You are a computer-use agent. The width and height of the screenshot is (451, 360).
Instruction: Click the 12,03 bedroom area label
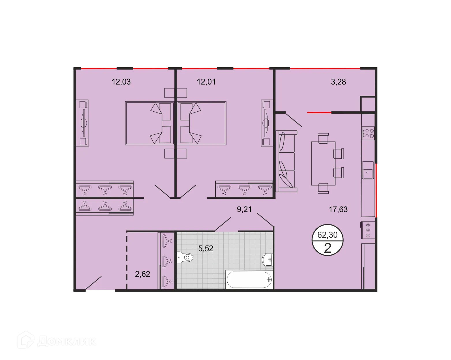[x=121, y=82]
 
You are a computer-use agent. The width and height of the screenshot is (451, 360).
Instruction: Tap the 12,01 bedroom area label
[x=206, y=82]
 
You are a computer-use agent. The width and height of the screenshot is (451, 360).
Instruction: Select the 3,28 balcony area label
[x=338, y=82]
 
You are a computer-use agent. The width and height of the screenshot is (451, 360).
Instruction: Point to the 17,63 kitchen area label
[x=338, y=209]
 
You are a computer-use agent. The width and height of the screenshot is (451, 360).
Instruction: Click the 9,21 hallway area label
[x=244, y=209]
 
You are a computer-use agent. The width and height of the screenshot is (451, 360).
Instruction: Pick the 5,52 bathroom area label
[x=206, y=248]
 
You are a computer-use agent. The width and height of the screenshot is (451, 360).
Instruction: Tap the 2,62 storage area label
[x=143, y=274]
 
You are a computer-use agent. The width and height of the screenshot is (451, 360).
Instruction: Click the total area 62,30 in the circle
[x=327, y=235]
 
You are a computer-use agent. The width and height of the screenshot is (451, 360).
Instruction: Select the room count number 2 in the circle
[x=328, y=248]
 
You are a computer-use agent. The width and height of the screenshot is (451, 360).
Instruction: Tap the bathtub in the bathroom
[x=250, y=280]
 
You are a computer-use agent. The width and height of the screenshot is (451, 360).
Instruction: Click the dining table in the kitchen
[x=323, y=163]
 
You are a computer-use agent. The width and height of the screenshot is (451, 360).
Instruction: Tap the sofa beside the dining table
[x=286, y=161]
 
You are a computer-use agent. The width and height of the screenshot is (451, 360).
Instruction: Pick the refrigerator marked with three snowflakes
[x=368, y=230]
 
